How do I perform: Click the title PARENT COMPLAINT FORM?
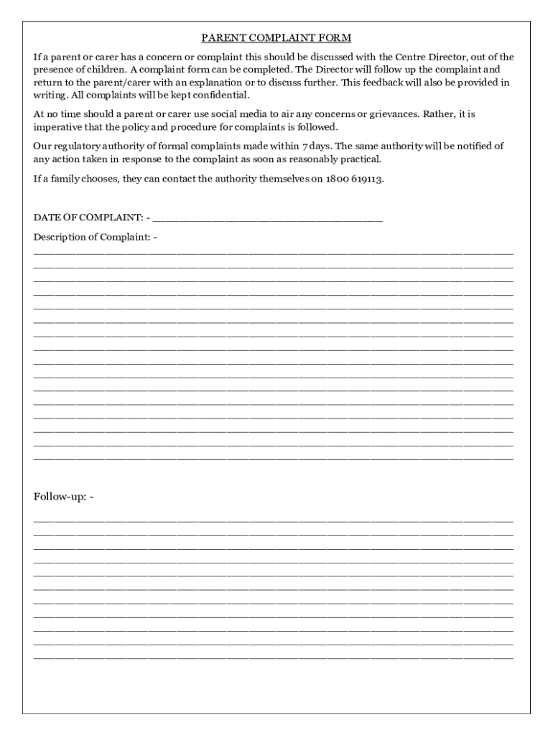pos(276,38)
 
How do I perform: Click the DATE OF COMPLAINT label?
pos(88,217)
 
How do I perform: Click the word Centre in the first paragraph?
pos(411,57)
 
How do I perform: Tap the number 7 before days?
pos(305,146)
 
